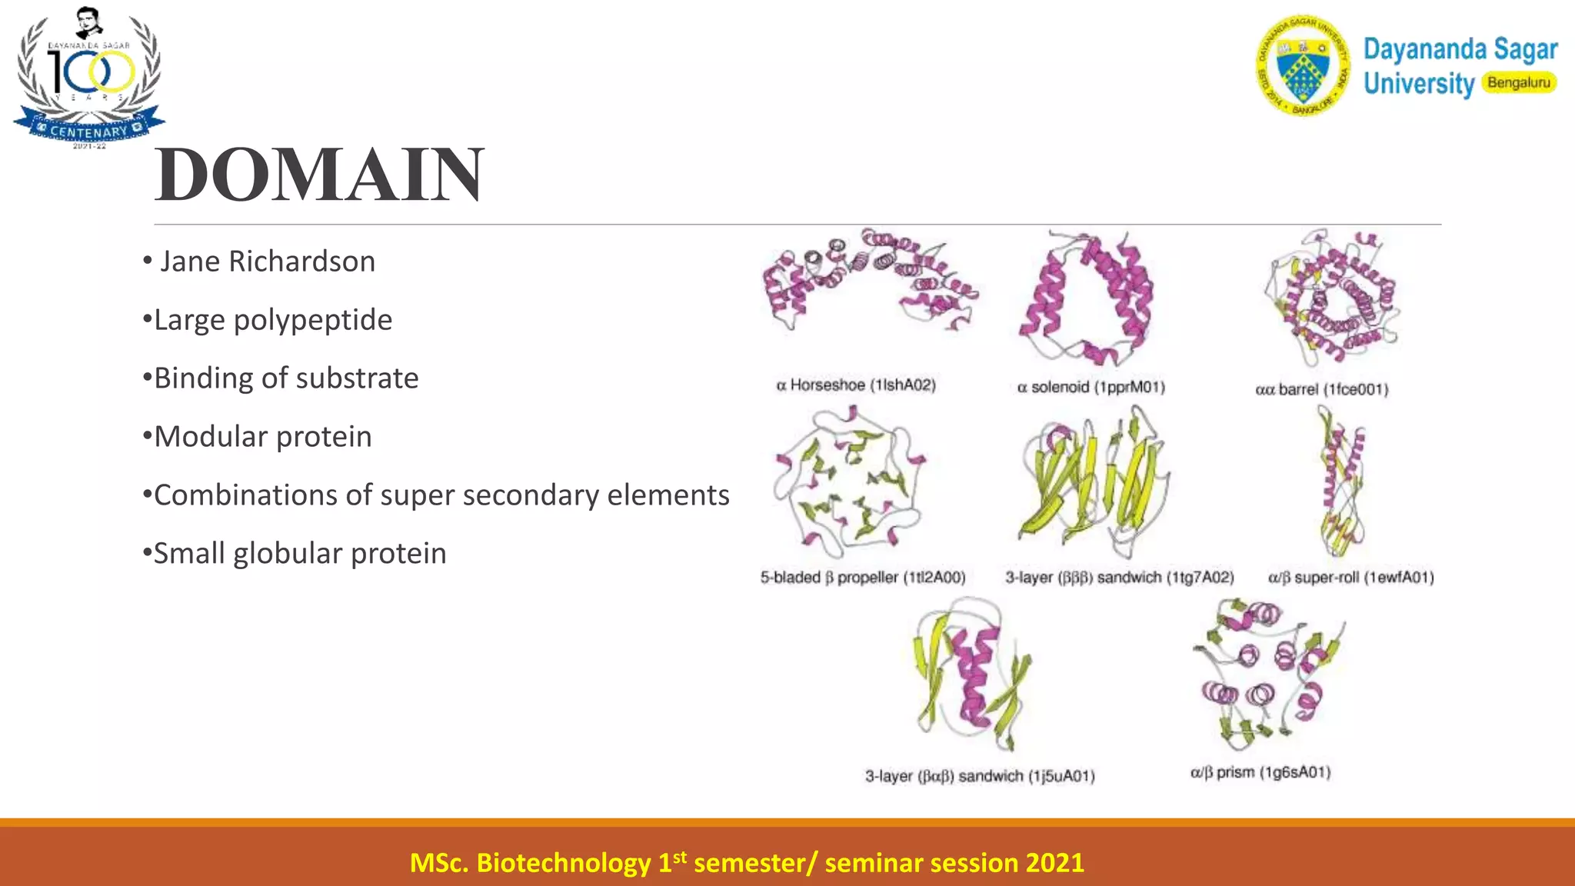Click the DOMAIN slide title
[319, 175]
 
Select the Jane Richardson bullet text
[267, 261]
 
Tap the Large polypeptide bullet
[273, 320]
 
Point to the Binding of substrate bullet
[286, 378]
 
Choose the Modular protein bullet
[263, 437]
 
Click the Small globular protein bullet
[300, 554]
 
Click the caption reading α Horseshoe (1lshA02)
[856, 385]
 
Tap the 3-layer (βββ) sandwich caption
[1119, 578]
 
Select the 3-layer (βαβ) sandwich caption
[980, 776]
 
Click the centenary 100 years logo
[89, 77]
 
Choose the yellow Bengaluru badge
[1518, 82]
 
